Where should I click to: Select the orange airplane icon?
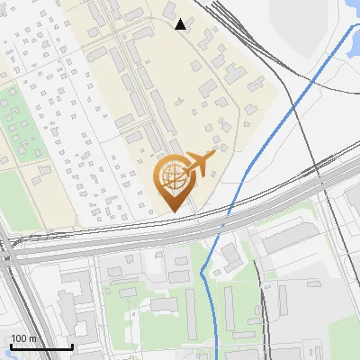pos(199,163)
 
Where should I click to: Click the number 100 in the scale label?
pos(19,338)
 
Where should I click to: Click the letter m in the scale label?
pos(32,338)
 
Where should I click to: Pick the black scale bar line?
pos(41,346)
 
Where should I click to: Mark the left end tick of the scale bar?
pos(11,345)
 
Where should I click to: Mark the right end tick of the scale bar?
pos(72,345)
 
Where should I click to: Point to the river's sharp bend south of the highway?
pos(204,270)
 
